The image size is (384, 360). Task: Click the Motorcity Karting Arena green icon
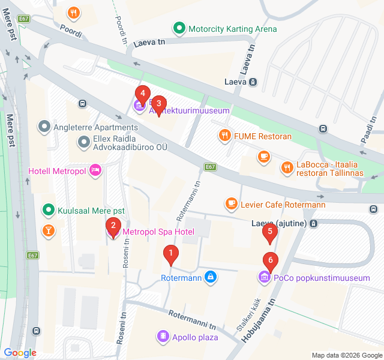179,28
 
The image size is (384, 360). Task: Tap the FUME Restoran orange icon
225,136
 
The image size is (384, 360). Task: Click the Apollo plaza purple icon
162,337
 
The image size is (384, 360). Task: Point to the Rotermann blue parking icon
210,277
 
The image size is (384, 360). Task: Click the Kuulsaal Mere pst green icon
47,211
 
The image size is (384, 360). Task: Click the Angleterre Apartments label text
96,127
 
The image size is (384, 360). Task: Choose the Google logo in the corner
20,353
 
